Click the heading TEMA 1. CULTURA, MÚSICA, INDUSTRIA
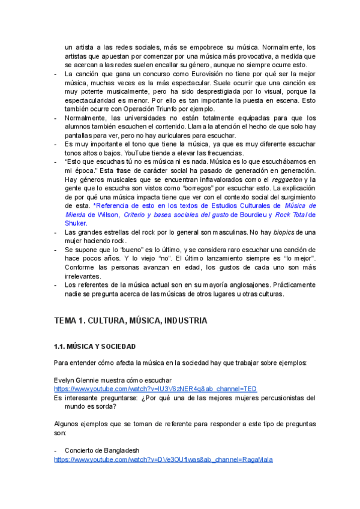[x=131, y=321]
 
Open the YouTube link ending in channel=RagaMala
[x=163, y=460]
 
